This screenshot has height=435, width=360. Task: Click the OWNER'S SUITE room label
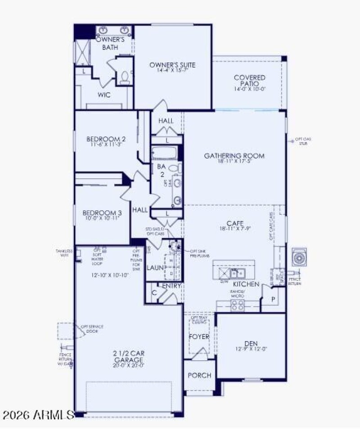[x=172, y=64]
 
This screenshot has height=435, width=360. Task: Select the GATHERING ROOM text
[x=234, y=156]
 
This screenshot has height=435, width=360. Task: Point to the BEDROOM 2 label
[x=106, y=139]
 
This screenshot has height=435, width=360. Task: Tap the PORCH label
[x=199, y=376]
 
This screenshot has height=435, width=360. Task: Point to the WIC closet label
[x=104, y=95]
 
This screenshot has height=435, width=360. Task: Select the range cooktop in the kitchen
[x=237, y=305]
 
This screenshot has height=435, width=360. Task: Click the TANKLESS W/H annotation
[x=64, y=252]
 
